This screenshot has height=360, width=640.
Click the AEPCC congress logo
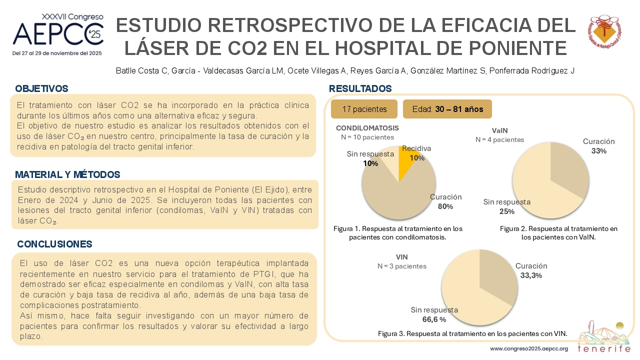point(57,34)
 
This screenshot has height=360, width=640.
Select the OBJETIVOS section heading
point(41,88)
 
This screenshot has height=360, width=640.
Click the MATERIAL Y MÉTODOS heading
point(67,174)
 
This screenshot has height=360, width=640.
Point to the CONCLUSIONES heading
point(54,244)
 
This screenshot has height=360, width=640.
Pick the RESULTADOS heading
point(360,88)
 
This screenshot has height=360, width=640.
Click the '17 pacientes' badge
point(364,109)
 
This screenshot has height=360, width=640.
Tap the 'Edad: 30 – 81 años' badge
point(447,109)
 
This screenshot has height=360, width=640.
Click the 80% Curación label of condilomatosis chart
point(445,201)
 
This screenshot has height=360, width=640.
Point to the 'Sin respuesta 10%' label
point(370,158)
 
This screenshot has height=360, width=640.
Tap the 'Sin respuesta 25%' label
point(507,206)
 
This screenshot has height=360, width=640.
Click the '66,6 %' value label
point(434,319)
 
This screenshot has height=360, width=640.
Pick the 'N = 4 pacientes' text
point(499,139)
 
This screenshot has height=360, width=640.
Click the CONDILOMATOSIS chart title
point(367,128)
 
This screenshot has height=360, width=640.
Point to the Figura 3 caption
point(472,333)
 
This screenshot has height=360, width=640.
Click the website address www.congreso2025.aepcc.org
point(529,348)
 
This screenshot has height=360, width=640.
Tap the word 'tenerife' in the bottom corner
point(604,348)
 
